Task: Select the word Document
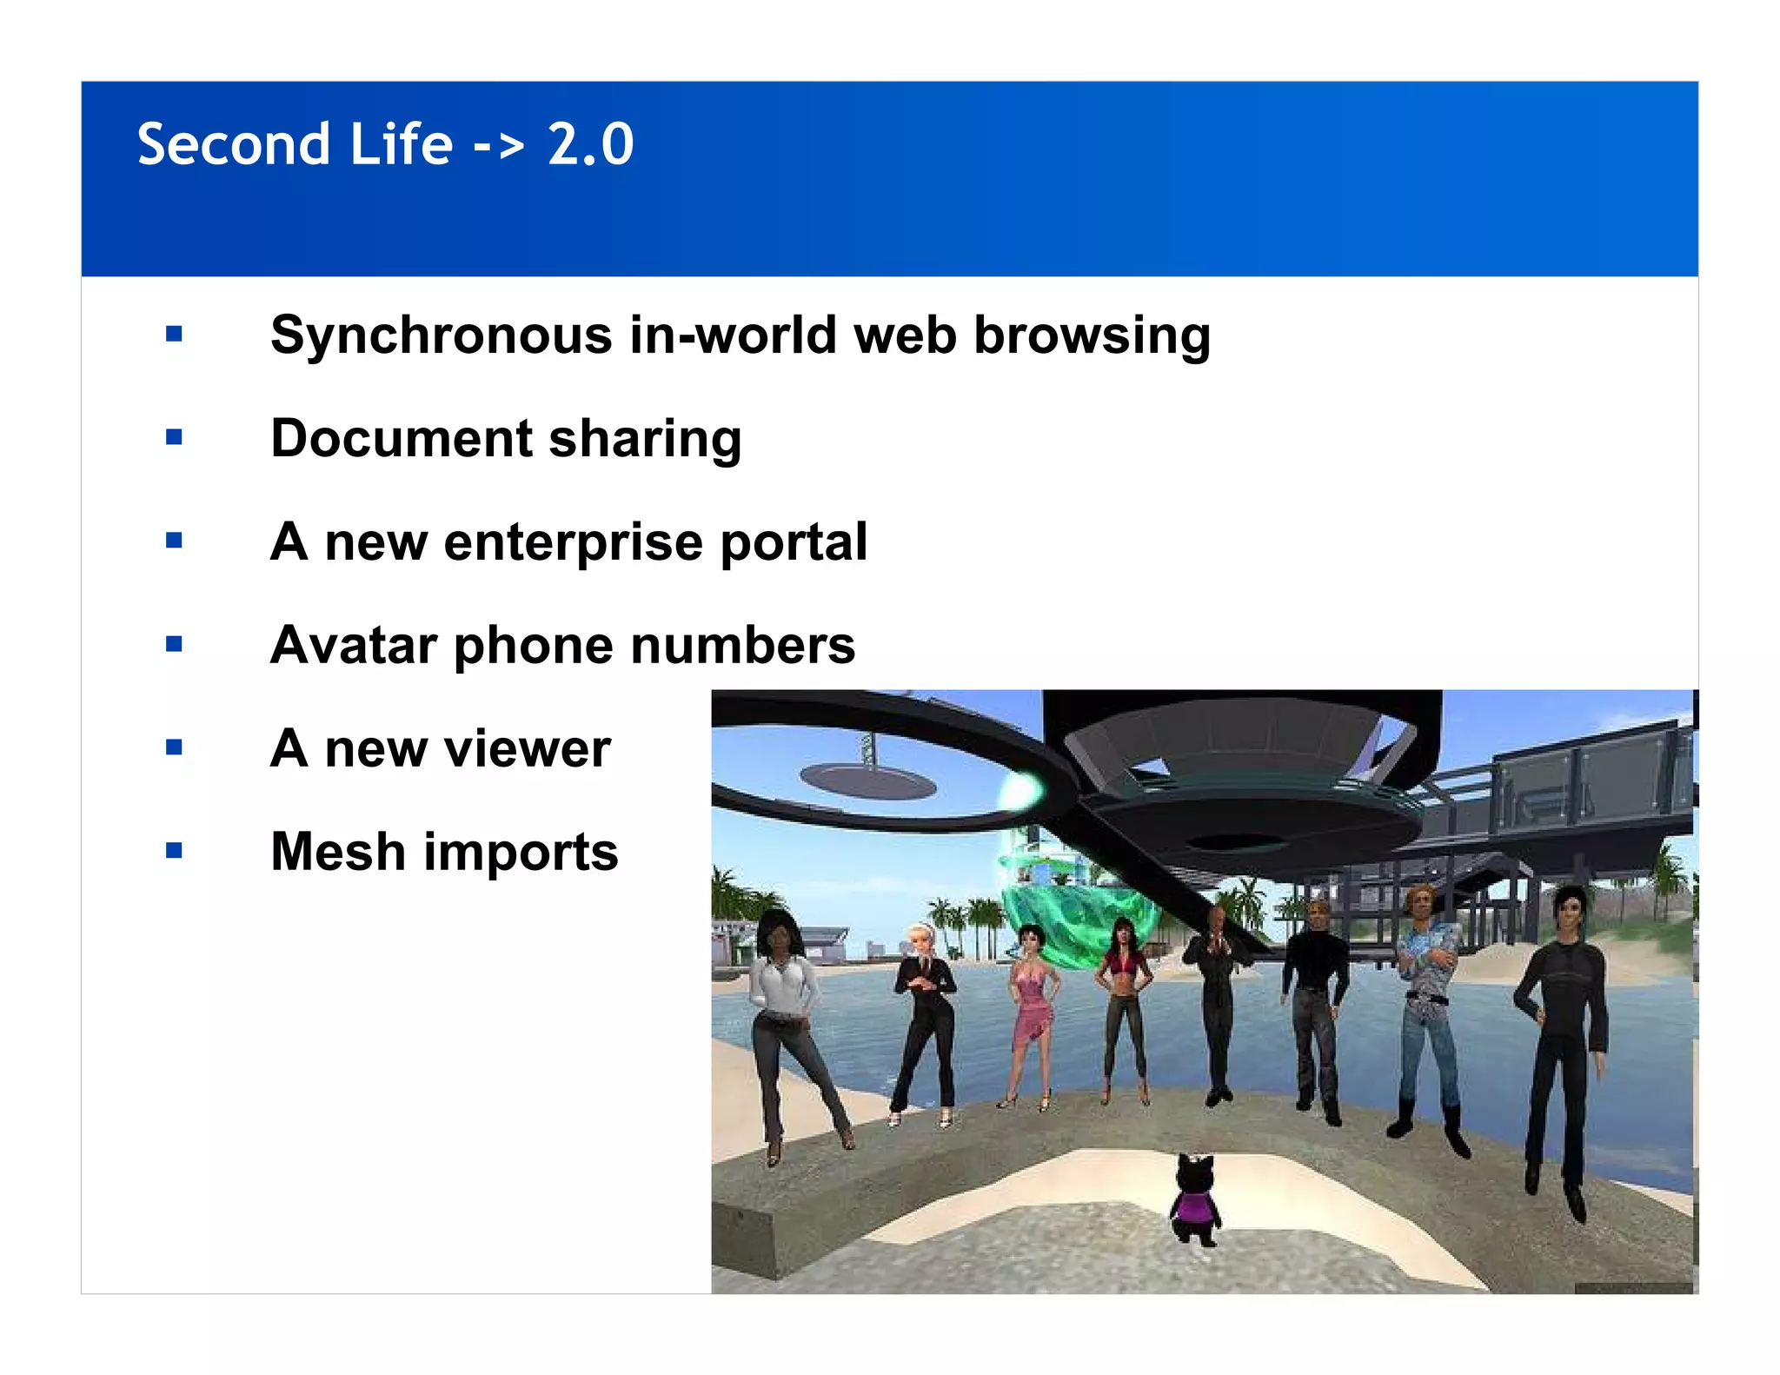[401, 438]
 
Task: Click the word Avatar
[354, 645]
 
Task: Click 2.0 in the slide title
[591, 144]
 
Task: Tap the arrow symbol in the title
[499, 146]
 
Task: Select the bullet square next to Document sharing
[174, 437]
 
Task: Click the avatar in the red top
[1124, 1000]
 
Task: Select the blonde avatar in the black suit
[925, 1017]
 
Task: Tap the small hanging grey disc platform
[867, 780]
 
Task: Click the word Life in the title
[401, 144]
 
